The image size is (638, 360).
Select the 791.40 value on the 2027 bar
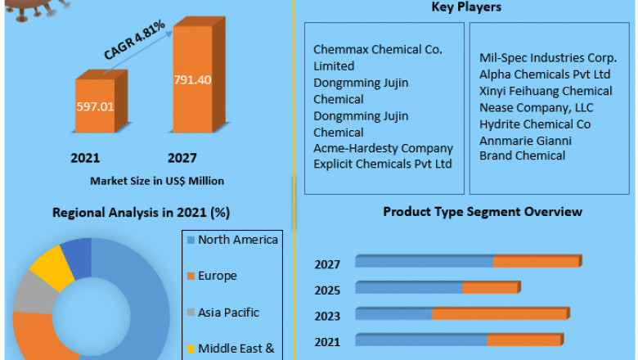tap(192, 79)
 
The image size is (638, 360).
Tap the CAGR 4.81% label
tap(135, 39)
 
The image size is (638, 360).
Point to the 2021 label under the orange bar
tap(85, 157)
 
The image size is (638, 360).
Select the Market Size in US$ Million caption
tap(158, 180)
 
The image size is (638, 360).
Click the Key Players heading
tap(466, 7)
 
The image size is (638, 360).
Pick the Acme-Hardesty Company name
tap(383, 148)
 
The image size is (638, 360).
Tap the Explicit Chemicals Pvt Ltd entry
tap(383, 164)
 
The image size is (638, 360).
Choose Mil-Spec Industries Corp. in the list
tap(547, 57)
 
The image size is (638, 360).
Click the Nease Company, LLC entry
tap(537, 107)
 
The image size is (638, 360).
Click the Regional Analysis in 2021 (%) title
tap(141, 213)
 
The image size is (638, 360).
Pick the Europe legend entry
tap(217, 276)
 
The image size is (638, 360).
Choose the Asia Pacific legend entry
tap(227, 312)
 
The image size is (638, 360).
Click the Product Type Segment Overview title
tap(483, 212)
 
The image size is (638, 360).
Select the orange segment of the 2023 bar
tap(499, 313)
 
